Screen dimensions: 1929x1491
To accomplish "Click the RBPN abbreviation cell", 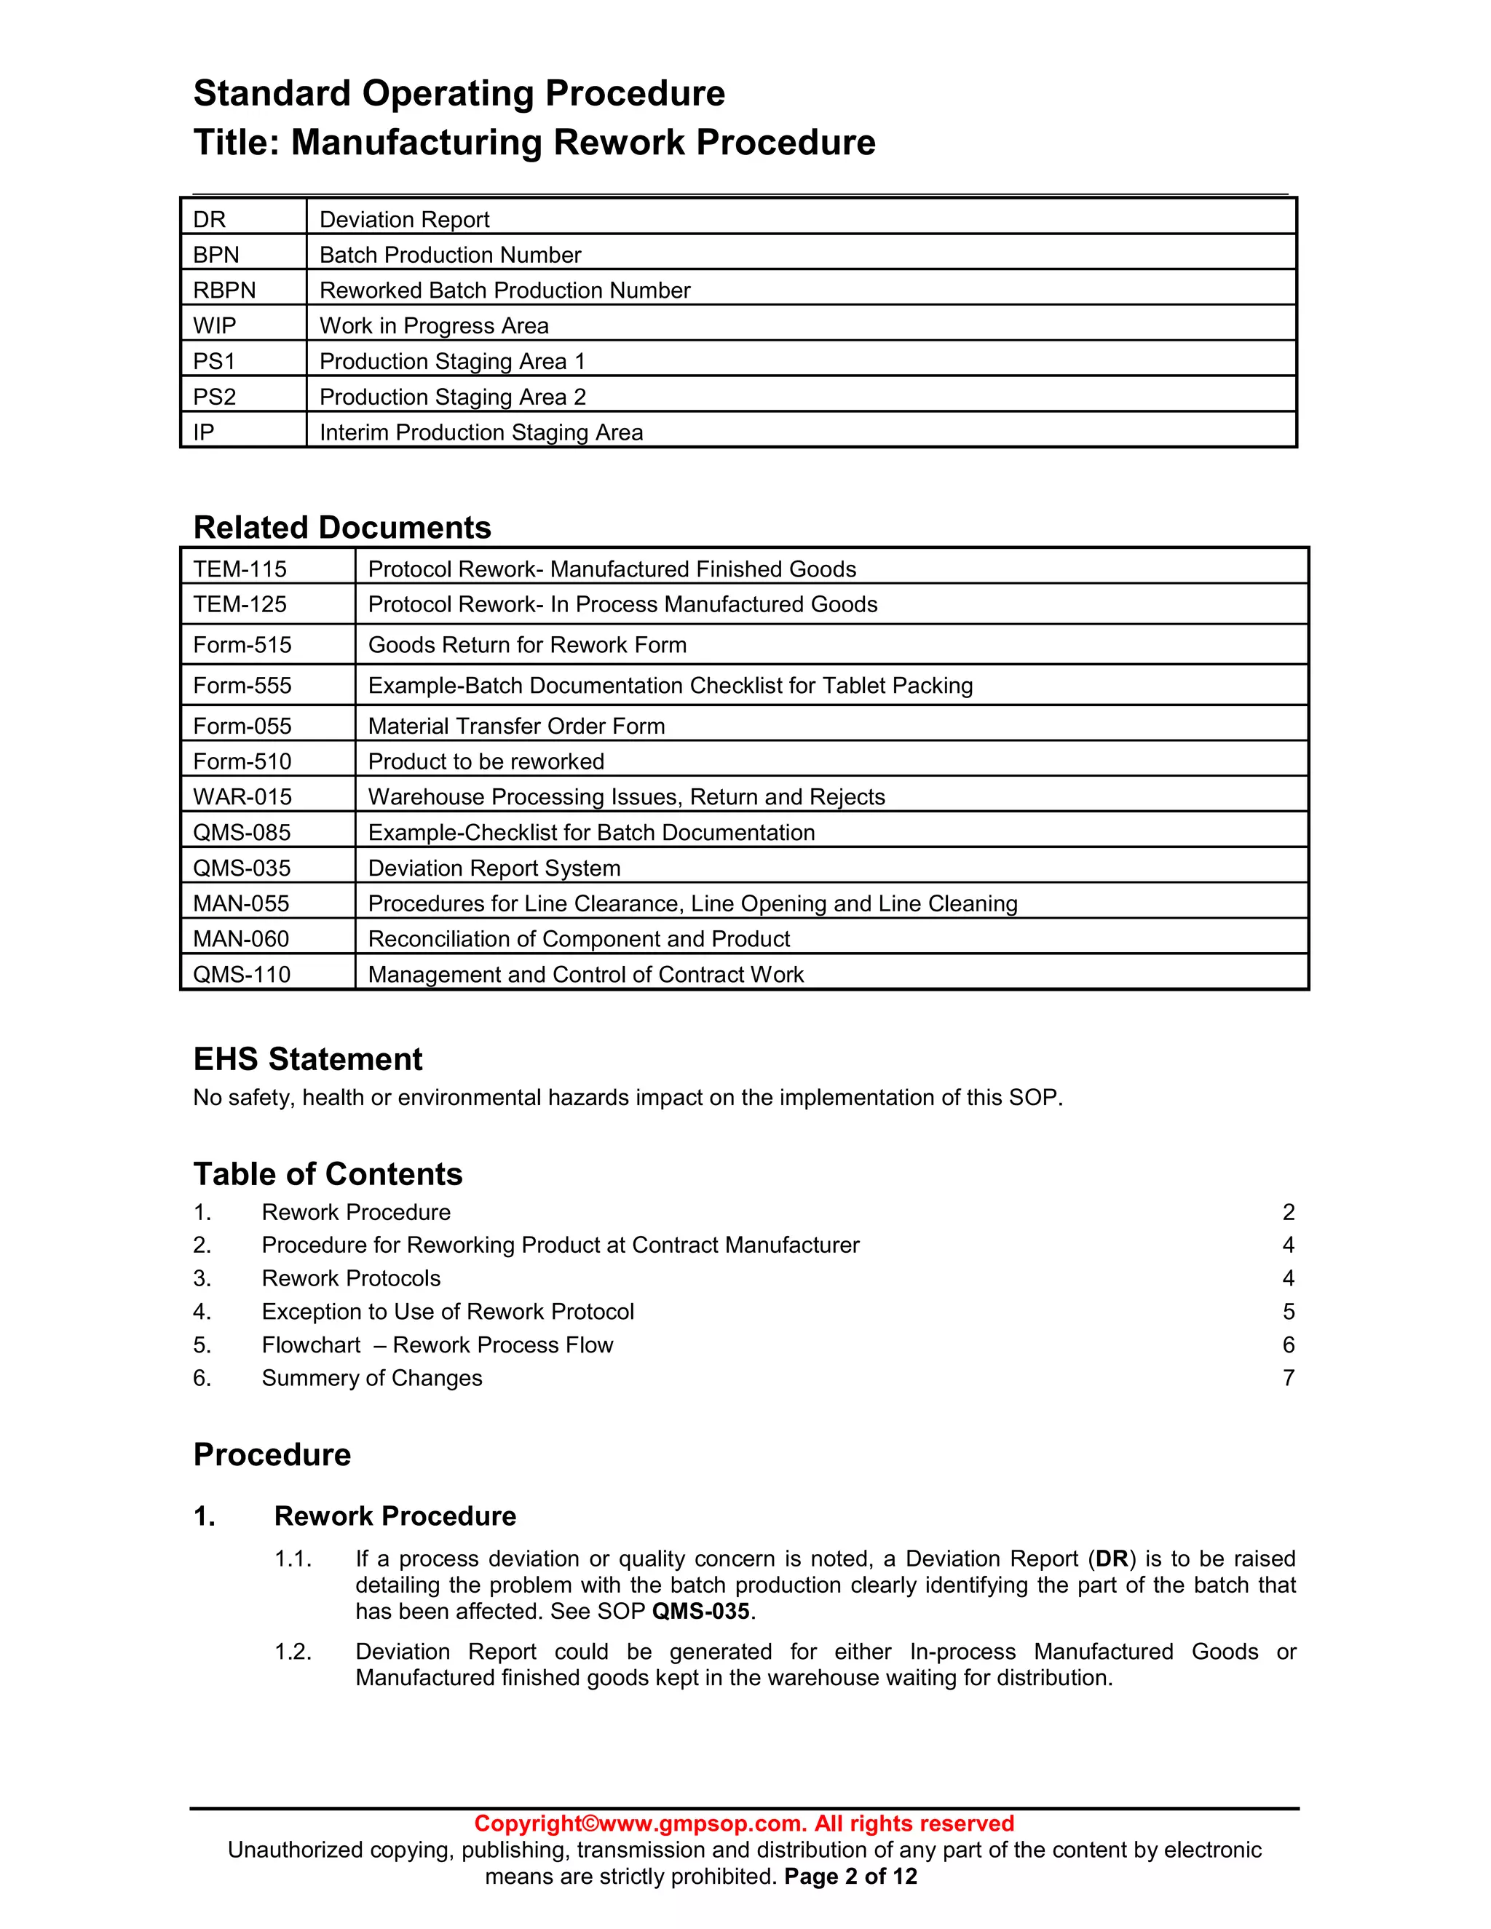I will coord(224,290).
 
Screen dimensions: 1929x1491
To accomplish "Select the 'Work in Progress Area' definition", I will coord(434,326).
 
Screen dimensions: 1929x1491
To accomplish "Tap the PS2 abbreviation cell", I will coord(215,397).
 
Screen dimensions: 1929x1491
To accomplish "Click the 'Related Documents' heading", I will coord(342,527).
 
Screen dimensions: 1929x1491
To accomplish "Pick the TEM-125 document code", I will coord(240,604).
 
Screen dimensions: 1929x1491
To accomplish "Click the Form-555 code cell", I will coord(242,686).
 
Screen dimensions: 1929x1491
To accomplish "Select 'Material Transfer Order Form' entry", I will coord(516,726).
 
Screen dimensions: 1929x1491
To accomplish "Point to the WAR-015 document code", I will coord(242,796).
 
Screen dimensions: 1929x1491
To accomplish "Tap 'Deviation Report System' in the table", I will coord(494,868).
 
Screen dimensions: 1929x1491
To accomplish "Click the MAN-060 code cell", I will coord(241,939).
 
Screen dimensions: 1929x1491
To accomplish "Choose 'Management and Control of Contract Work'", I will coord(585,974).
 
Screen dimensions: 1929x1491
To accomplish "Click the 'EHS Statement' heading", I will coord(307,1059).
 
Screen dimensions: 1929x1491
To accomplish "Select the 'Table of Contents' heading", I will coord(328,1174).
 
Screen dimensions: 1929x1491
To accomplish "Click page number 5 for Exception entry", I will coord(1288,1312).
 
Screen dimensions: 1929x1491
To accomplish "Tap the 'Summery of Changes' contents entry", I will coord(372,1378).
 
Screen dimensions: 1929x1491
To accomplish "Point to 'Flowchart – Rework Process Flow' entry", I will coord(438,1345).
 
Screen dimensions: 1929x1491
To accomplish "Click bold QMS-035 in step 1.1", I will coord(700,1612).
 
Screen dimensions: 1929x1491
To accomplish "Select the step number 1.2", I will coord(293,1652).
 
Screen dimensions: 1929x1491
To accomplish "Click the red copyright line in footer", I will coord(744,1824).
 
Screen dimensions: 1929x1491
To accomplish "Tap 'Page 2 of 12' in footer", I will coord(850,1877).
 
